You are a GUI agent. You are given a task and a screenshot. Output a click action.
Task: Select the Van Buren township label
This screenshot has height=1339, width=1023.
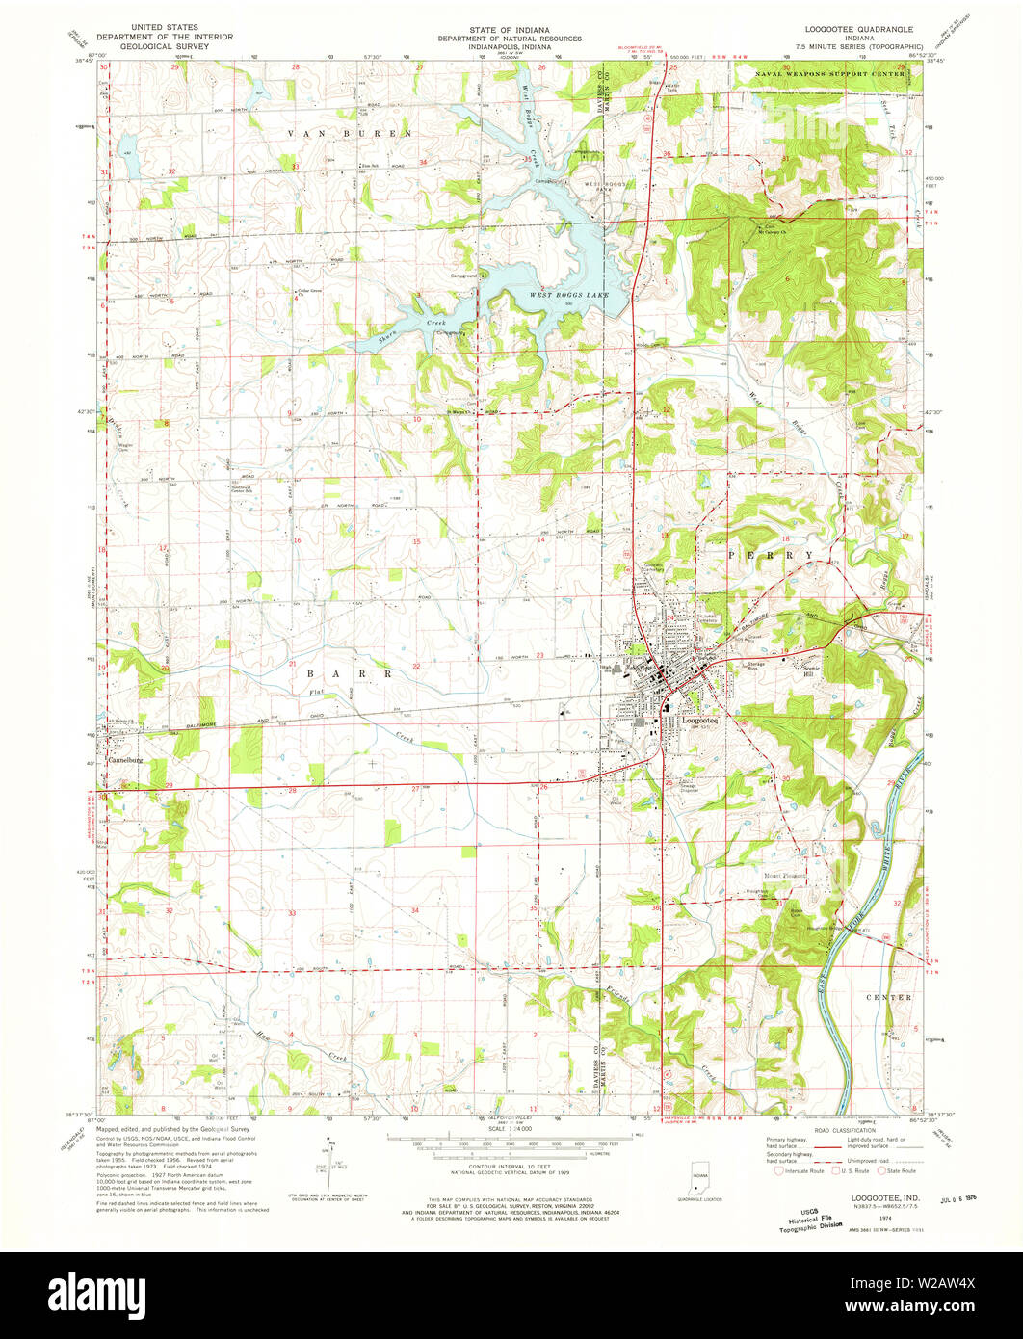[x=354, y=132]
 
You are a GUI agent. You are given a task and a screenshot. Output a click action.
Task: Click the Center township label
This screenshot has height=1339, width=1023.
[x=887, y=997]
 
